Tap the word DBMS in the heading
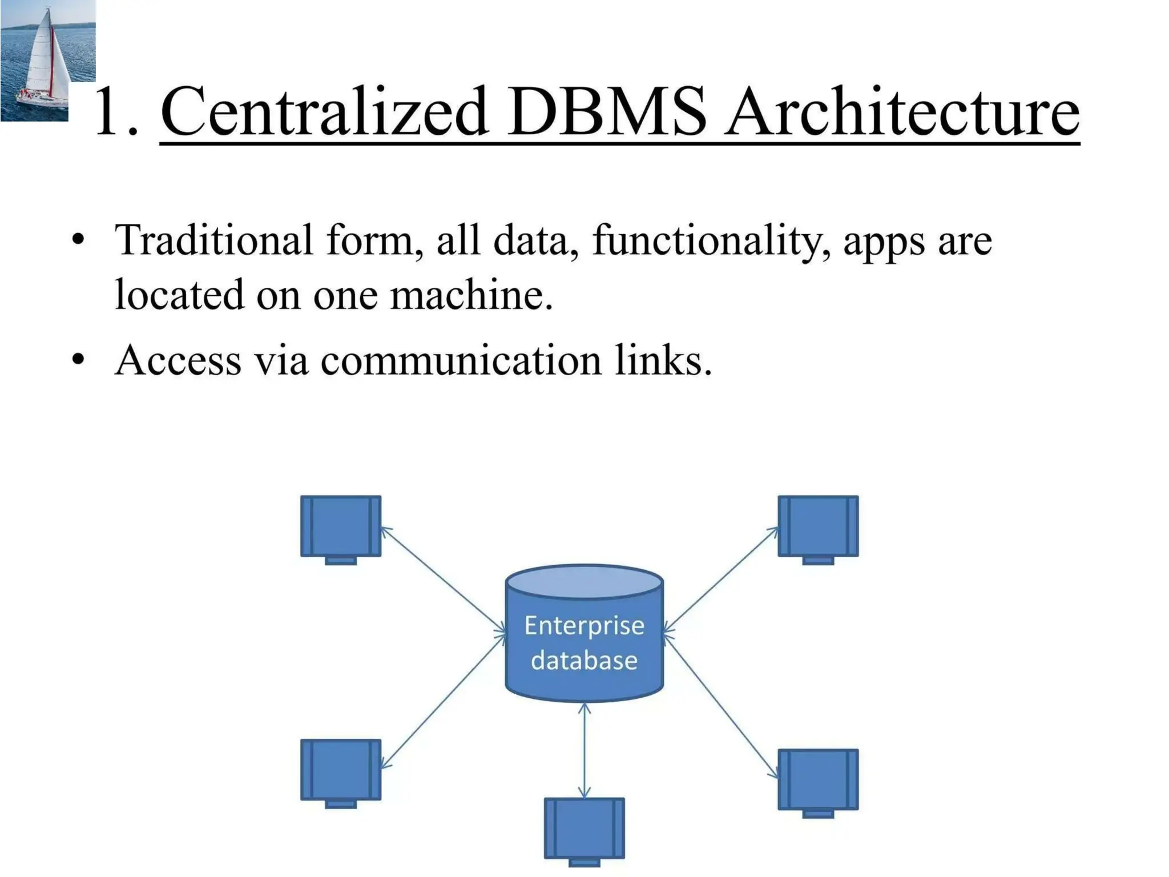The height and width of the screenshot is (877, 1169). [x=607, y=111]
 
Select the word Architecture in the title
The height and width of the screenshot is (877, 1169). [x=902, y=111]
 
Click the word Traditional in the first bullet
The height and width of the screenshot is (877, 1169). [x=213, y=240]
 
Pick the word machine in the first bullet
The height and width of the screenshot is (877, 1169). [x=471, y=295]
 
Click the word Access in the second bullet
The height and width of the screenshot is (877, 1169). [x=178, y=361]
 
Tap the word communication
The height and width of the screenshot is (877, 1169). [x=461, y=361]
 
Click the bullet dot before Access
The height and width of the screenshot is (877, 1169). [x=78, y=359]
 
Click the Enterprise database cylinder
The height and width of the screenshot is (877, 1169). [x=584, y=634]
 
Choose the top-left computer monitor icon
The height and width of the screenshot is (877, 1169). [x=341, y=526]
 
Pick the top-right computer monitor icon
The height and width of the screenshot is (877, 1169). [x=818, y=526]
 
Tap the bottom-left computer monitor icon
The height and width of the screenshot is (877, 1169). [x=341, y=770]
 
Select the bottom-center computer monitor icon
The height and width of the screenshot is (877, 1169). [x=584, y=828]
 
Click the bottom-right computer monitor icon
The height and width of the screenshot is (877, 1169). [x=818, y=780]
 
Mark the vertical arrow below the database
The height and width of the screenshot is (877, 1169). [x=584, y=750]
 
